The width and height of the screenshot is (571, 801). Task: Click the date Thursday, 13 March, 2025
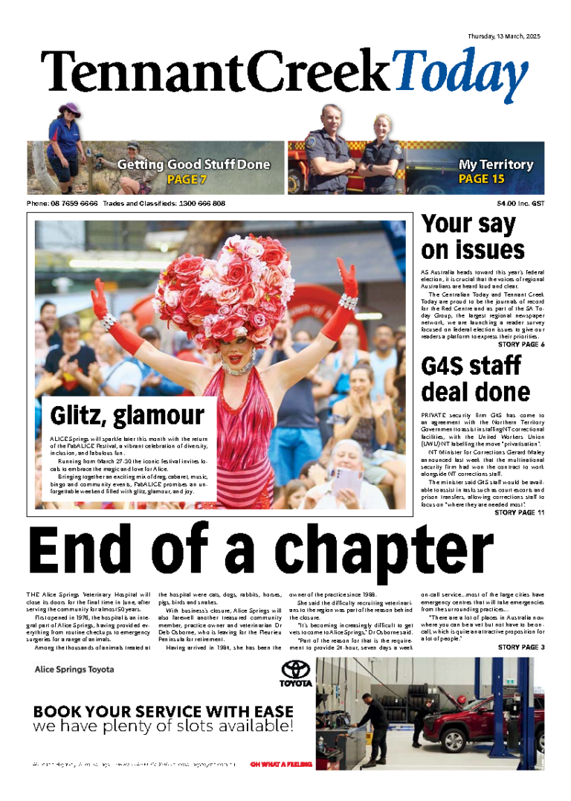(x=503, y=36)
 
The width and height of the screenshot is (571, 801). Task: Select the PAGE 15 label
(x=481, y=179)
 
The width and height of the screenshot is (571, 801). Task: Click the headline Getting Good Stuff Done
(x=193, y=164)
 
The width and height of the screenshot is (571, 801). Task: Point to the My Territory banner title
(x=496, y=164)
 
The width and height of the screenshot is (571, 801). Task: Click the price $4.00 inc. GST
(x=521, y=203)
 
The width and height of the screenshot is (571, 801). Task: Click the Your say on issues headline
(x=473, y=237)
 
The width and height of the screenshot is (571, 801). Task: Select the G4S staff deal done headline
(x=475, y=379)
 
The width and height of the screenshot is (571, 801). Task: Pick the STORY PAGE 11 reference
(x=520, y=512)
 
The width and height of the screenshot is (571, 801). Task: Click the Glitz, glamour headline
(x=127, y=414)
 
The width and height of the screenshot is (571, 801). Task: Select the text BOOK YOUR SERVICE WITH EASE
(x=164, y=711)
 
